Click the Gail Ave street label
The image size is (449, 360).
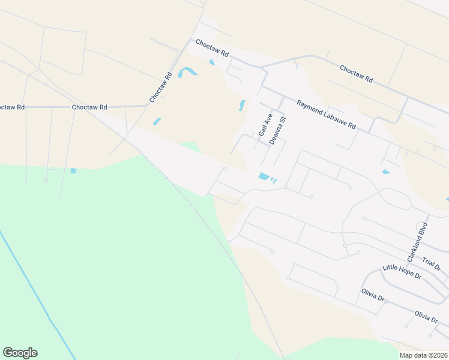point(265,125)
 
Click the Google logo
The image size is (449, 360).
point(20,353)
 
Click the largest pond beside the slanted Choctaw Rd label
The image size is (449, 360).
point(187,73)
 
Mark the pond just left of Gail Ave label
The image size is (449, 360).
point(242,106)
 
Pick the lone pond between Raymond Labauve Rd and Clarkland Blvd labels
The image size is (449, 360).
point(385,172)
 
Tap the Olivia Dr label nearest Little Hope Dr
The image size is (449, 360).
point(372,295)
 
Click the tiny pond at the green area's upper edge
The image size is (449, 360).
point(73,171)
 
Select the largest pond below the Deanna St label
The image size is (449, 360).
point(264,176)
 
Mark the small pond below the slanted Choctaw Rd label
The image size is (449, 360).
point(157,121)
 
